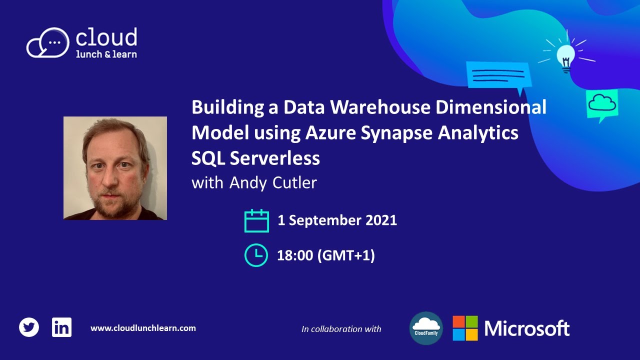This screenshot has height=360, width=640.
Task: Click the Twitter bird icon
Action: pyautogui.click(x=29, y=328)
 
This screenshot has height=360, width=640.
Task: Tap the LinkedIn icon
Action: pyautogui.click(x=61, y=327)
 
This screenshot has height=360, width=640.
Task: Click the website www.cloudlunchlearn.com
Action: pyautogui.click(x=143, y=328)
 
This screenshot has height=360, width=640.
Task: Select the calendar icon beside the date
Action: pyautogui.click(x=256, y=220)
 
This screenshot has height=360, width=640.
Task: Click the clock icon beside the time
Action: pyautogui.click(x=256, y=255)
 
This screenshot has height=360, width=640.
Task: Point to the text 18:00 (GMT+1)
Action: pyautogui.click(x=325, y=255)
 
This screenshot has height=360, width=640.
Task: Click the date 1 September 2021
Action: pyautogui.click(x=337, y=220)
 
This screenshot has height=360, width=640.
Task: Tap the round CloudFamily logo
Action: pyautogui.click(x=426, y=328)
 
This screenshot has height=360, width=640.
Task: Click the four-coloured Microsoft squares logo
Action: pyautogui.click(x=465, y=328)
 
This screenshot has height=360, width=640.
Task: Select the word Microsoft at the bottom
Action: pyautogui.click(x=527, y=328)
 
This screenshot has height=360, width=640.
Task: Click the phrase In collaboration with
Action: pyautogui.click(x=341, y=329)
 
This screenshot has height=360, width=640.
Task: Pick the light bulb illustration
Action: pyautogui.click(x=565, y=56)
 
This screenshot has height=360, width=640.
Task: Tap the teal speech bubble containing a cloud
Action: pyautogui.click(x=602, y=104)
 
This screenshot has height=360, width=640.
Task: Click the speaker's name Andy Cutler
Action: pyautogui.click(x=273, y=183)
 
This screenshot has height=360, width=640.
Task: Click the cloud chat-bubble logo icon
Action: pyautogui.click(x=47, y=43)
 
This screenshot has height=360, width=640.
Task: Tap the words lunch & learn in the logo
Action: pyautogui.click(x=106, y=54)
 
